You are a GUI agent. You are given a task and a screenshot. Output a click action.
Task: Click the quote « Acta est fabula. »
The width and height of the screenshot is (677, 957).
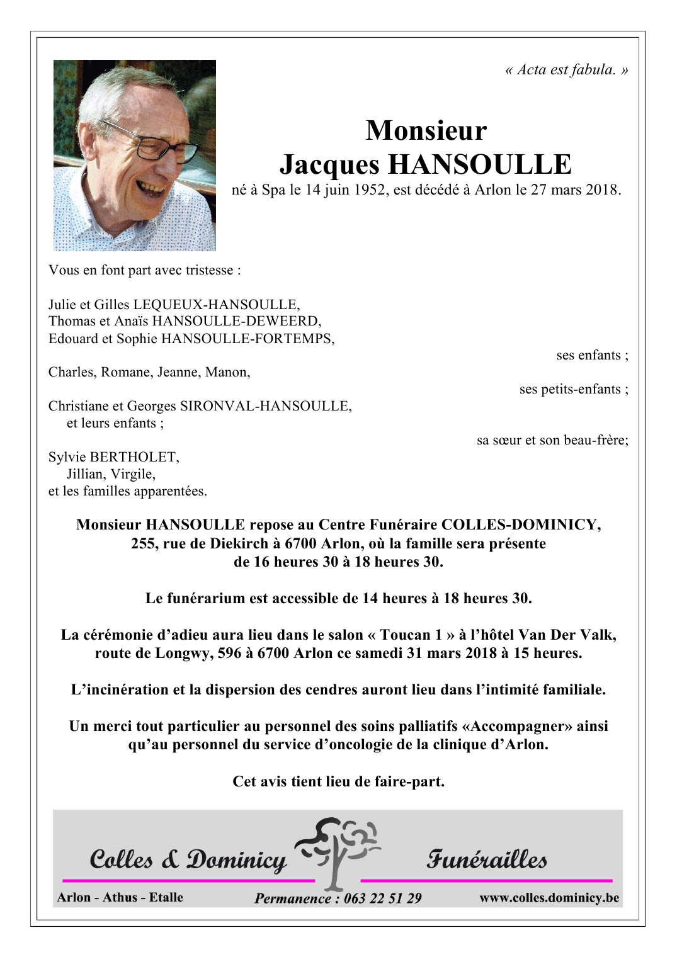566,70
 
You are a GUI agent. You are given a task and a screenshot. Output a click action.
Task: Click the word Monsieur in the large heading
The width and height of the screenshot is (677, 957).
426,130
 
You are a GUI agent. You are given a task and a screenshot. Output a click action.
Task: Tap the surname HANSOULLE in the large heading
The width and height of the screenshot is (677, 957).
479,164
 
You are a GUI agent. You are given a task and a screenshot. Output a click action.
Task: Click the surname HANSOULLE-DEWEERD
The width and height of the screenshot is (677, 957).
236,321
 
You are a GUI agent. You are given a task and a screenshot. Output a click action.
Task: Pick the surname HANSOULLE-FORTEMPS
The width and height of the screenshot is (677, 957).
247,339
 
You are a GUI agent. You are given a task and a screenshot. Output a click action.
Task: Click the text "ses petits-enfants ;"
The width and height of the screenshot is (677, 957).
574,389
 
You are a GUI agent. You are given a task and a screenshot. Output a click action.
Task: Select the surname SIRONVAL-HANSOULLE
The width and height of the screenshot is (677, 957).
265,406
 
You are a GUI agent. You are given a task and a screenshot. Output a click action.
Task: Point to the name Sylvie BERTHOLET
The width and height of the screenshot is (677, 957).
114,457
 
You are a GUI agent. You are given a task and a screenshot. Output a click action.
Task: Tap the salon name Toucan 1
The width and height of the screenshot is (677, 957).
411,635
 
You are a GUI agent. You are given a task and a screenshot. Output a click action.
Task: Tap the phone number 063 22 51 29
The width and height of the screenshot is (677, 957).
382,898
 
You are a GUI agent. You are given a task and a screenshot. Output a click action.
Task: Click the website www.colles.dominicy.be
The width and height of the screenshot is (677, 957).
549,898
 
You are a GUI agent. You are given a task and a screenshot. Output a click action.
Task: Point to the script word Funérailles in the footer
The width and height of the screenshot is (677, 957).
487,859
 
